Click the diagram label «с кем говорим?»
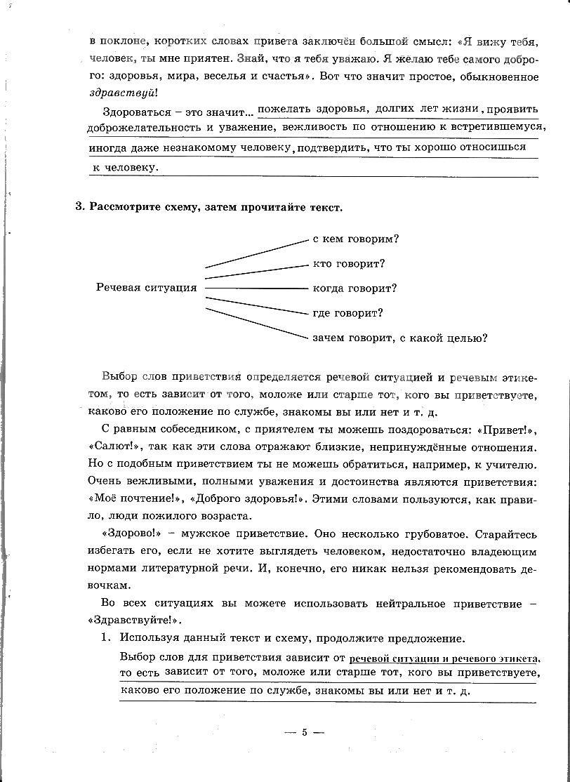pyautogui.click(x=356, y=239)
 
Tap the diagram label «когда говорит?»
pyautogui.click(x=354, y=289)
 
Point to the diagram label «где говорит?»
pyautogui.click(x=347, y=313)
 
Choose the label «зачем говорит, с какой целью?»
pyautogui.click(x=400, y=338)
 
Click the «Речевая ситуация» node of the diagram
pyautogui.click(x=146, y=289)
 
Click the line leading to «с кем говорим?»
pyautogui.click(x=256, y=253)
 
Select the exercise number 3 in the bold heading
pyautogui.click(x=79, y=207)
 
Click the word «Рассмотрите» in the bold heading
pyautogui.click(x=124, y=207)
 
